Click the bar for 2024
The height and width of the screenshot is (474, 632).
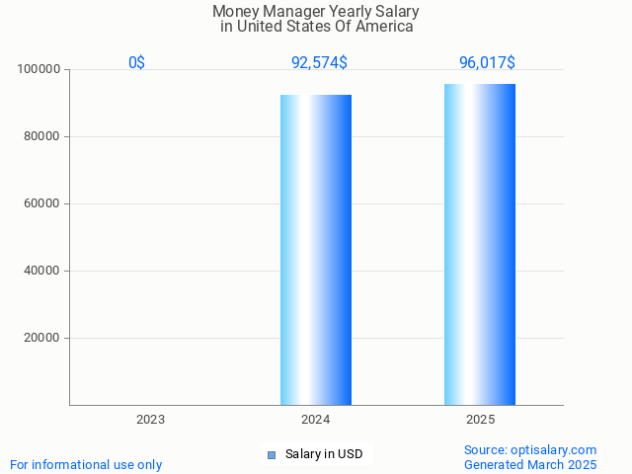point(316,250)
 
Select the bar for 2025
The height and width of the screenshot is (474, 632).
point(480,245)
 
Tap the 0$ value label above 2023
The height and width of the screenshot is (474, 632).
point(136,63)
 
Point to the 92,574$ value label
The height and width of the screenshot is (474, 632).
point(318,63)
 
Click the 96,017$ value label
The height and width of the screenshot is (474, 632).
point(486,63)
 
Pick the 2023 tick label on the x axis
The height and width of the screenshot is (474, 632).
point(150,420)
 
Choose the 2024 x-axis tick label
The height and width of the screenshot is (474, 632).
point(316,420)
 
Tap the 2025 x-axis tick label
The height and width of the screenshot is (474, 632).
point(480,420)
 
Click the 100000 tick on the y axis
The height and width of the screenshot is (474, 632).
point(39,70)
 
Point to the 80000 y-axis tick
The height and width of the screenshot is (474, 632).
point(42,137)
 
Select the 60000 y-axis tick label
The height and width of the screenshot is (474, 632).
point(42,204)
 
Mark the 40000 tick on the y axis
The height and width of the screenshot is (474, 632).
point(42,272)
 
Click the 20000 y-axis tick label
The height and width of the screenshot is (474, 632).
point(42,339)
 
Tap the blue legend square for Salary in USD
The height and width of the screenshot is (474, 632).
point(272,455)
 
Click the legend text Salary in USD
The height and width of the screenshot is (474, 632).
point(324,455)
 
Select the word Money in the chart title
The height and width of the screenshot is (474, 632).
point(234,12)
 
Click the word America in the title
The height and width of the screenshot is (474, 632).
point(384,27)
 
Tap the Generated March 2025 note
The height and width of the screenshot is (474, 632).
point(530,464)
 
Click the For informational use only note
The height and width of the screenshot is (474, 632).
point(86,464)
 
